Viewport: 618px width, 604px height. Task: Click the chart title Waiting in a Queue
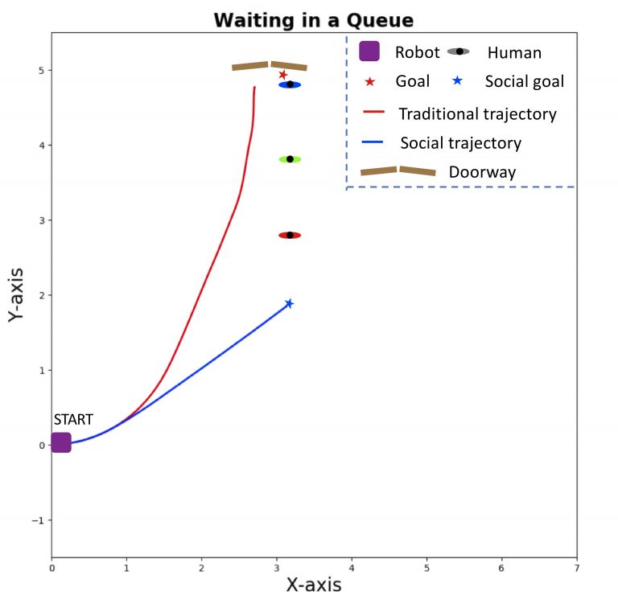click(x=314, y=21)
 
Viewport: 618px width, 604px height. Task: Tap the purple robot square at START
click(x=61, y=442)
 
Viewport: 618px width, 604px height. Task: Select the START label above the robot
click(x=73, y=419)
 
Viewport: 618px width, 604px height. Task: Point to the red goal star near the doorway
click(x=282, y=75)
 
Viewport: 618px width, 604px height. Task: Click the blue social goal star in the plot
click(x=289, y=303)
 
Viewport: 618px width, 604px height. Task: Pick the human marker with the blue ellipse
click(x=290, y=84)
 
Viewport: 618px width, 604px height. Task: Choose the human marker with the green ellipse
click(x=290, y=159)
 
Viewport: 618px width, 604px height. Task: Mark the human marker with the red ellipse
click(x=290, y=235)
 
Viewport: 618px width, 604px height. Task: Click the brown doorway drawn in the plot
click(x=270, y=66)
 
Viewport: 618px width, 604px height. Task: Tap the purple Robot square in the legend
click(x=369, y=51)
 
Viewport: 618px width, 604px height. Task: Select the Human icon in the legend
click(x=459, y=51)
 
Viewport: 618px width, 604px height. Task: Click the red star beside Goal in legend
click(x=369, y=81)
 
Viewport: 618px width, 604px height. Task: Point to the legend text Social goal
click(x=524, y=81)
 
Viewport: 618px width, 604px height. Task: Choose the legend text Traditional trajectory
click(x=477, y=113)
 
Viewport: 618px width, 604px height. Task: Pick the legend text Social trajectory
click(x=460, y=143)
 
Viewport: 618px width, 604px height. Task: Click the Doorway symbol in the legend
click(x=398, y=171)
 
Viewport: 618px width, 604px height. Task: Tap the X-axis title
click(x=314, y=585)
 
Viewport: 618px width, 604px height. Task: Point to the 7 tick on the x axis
click(x=576, y=567)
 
